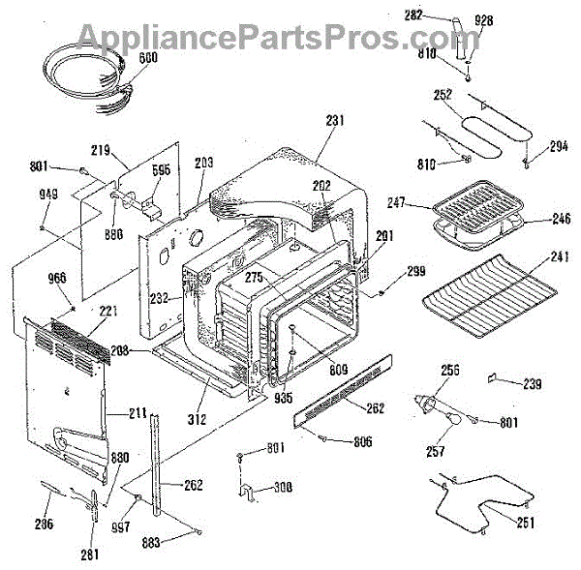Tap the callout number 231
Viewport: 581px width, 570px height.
[335, 121]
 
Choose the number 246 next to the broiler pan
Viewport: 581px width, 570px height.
[562, 219]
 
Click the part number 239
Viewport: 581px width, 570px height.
[532, 384]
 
